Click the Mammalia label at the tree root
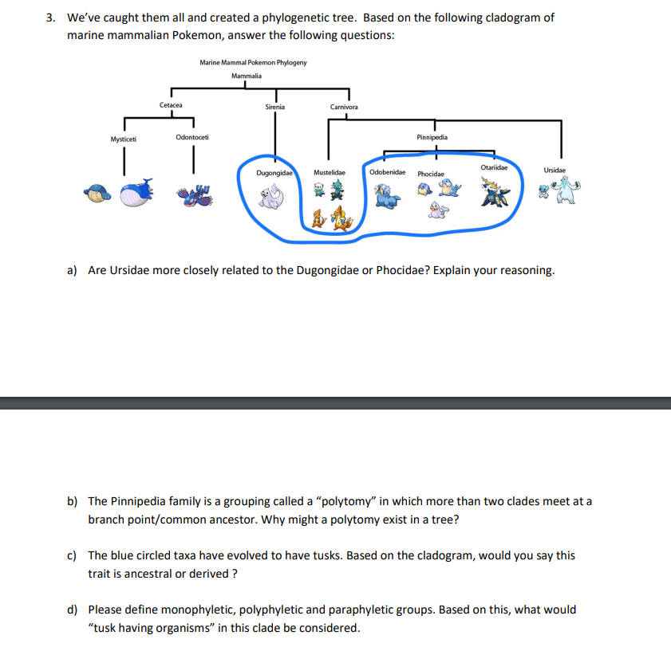click(x=247, y=76)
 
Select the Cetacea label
click(x=171, y=104)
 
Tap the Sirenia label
click(x=274, y=106)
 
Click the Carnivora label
click(x=344, y=107)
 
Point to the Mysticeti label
click(x=124, y=139)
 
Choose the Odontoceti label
click(x=192, y=138)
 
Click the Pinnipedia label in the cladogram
click(x=432, y=137)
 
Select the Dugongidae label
click(x=274, y=172)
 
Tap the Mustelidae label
click(x=330, y=172)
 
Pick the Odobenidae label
click(x=387, y=172)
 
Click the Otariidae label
click(x=495, y=167)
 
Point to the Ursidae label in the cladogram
click(x=555, y=170)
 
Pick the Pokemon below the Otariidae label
click(x=495, y=192)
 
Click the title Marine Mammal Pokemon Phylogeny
click(x=253, y=62)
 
